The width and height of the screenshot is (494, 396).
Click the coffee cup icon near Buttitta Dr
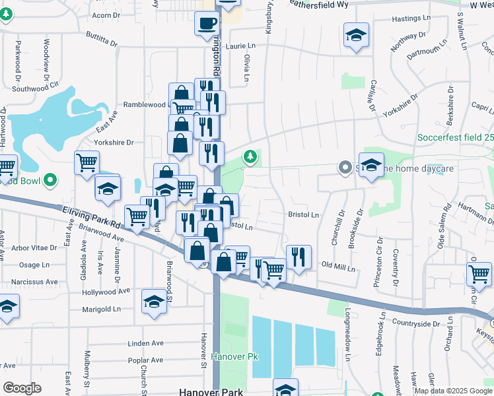[x=207, y=25]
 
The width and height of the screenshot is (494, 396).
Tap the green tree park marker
[x=250, y=156]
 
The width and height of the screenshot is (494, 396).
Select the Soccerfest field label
[x=455, y=138]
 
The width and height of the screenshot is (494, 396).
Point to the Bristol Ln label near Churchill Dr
[x=303, y=214]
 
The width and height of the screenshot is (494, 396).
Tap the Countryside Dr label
[x=415, y=323]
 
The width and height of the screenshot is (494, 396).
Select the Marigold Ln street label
[x=101, y=308]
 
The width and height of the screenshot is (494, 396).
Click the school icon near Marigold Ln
[x=154, y=302]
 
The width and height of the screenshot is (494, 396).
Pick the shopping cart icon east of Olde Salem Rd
[x=479, y=273]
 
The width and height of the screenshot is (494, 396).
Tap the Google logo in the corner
[x=22, y=388]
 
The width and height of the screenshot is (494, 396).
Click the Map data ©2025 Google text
[x=453, y=391]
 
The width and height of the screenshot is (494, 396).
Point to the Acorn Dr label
[x=106, y=14]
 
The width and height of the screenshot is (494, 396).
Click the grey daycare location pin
[x=344, y=168]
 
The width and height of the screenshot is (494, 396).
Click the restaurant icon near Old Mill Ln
[x=299, y=257]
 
